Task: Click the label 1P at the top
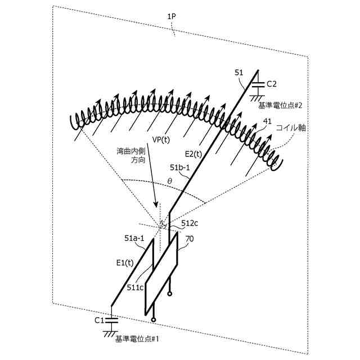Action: (x=172, y=17)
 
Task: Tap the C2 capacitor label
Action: (x=272, y=84)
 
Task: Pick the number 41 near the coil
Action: (x=268, y=121)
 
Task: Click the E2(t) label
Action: (x=193, y=152)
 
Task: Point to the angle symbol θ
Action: (x=170, y=182)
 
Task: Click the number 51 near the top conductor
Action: (x=238, y=73)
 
